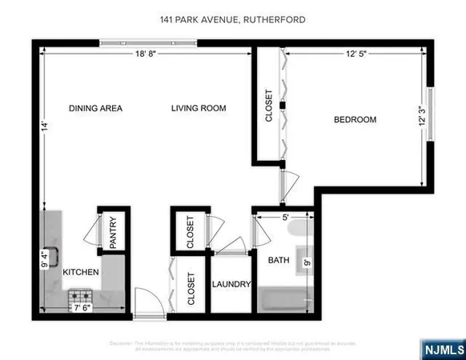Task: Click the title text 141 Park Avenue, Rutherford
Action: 233,20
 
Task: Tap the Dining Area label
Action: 95,108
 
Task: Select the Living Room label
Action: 199,108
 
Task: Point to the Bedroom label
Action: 355,120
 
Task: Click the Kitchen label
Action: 81,273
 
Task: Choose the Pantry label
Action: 113,232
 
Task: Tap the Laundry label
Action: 232,285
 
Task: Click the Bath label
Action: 279,260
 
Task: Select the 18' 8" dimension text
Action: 146,54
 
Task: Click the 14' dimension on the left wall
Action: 47,125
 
